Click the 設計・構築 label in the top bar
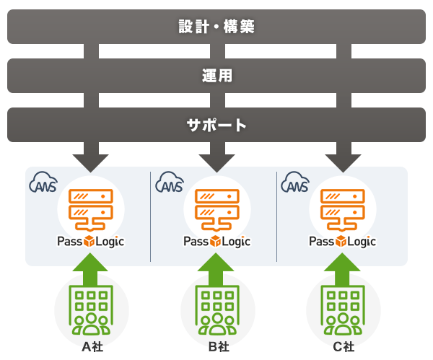click(x=216, y=27)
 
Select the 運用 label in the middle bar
click(x=216, y=76)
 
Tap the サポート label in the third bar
click(x=216, y=125)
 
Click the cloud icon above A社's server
click(x=43, y=185)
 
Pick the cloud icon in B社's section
click(x=170, y=185)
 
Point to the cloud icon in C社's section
click(x=295, y=185)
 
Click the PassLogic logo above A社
click(x=90, y=242)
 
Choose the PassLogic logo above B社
click(x=216, y=242)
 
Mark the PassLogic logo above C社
click(x=342, y=242)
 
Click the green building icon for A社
click(x=90, y=311)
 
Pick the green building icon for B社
click(x=216, y=311)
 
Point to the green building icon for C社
click(x=342, y=311)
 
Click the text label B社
click(x=216, y=347)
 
